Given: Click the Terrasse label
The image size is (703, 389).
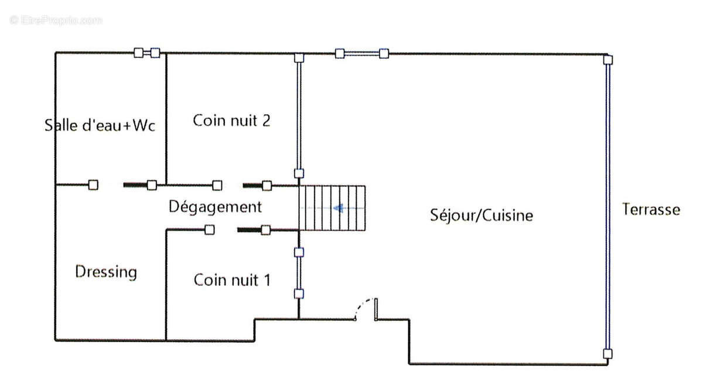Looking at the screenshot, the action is pos(651,209).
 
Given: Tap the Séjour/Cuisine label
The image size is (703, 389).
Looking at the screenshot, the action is pos(482,216).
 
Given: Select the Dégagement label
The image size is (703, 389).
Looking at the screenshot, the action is pos(215,207).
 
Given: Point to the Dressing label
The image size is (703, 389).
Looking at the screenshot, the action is pos(106,272).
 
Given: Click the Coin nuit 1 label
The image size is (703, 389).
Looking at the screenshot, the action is pos(232,280).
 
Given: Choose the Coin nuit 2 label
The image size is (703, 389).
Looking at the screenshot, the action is pos(231,121).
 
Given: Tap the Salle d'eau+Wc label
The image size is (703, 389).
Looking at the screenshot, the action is pos(100,125).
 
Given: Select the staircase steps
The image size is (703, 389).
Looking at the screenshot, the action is pos(332,208).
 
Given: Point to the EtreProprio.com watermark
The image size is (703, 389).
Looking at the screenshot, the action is pos(56,21).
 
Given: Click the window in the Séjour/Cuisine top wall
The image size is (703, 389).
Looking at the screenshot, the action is pos(361,54).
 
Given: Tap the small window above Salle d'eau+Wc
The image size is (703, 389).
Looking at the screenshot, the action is pos(147,53).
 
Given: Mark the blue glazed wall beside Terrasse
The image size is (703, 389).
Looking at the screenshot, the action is pos(608,207).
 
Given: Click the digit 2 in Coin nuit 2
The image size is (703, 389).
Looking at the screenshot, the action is pos(266,121).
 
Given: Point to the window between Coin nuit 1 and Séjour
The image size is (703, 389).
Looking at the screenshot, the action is pos(299,273).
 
